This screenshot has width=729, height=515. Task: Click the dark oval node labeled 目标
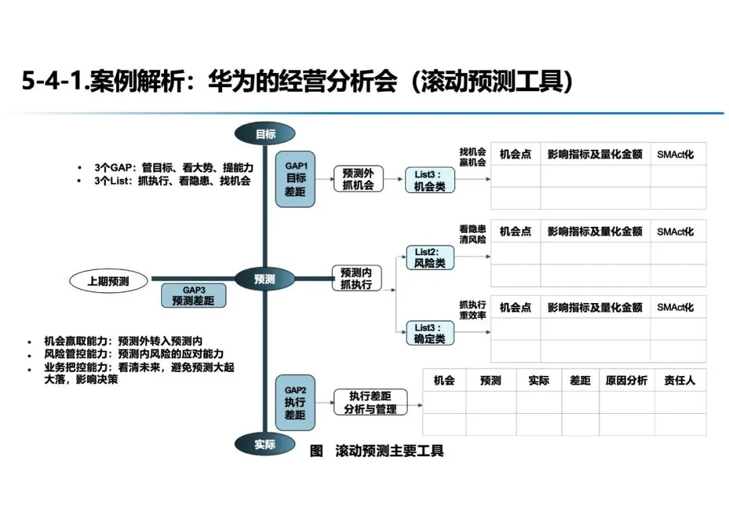tap(265, 134)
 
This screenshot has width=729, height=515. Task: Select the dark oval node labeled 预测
tap(265, 278)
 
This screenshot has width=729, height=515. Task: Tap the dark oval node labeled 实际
tap(265, 444)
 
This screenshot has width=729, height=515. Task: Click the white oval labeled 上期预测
tap(108, 281)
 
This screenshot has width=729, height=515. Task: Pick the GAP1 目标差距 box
tap(296, 178)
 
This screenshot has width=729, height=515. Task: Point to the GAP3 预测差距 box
tap(193, 295)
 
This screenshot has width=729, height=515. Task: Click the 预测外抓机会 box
tap(358, 178)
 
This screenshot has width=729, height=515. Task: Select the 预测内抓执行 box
tap(356, 278)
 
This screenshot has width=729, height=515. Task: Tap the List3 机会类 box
tap(430, 181)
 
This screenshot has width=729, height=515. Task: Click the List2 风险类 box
tap(430, 258)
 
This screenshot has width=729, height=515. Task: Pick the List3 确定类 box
tap(430, 333)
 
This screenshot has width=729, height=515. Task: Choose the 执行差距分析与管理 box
tap(370, 402)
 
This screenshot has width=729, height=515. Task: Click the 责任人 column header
tap(680, 381)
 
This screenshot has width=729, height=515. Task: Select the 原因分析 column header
tap(626, 381)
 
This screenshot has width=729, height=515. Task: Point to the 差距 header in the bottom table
tap(580, 381)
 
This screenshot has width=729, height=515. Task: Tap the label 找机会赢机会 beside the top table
tap(473, 157)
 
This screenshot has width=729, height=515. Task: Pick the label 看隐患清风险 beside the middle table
tap(473, 234)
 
